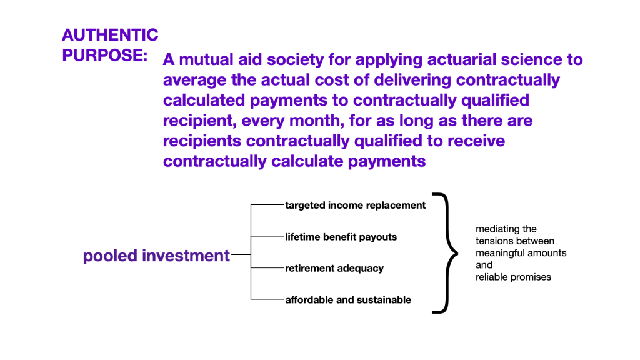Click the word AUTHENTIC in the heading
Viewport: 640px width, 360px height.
point(110,35)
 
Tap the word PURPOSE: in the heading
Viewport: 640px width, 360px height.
point(104,55)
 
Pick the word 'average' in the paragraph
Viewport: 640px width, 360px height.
point(195,81)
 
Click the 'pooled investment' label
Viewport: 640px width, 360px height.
point(156,256)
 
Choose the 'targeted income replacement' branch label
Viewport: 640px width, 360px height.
point(356,205)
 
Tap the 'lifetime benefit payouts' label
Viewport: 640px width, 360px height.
point(341,237)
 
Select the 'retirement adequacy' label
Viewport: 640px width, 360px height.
point(334,269)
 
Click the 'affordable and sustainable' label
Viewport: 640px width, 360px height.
point(348,300)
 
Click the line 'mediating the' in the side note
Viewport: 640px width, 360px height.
point(506,229)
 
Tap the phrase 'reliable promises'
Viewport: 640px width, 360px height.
point(514,277)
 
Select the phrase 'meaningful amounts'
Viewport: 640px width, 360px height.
point(521,253)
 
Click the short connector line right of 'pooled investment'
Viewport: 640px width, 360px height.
point(241,255)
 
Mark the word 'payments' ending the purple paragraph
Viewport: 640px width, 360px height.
point(387,162)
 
